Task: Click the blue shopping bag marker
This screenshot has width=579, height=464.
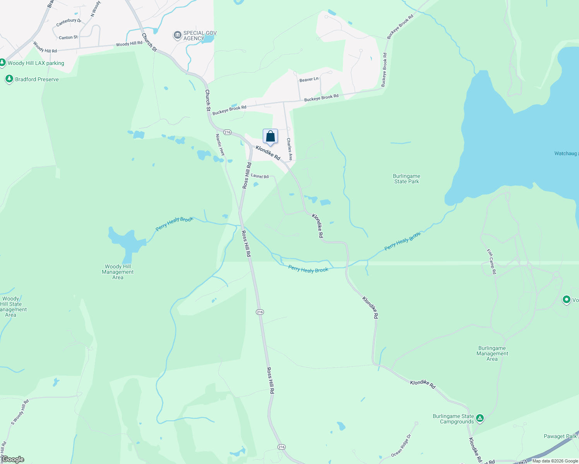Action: [270, 136]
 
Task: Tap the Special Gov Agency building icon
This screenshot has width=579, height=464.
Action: [177, 36]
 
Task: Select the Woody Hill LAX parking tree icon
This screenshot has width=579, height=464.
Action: [3, 63]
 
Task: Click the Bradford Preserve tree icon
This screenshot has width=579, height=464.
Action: [9, 79]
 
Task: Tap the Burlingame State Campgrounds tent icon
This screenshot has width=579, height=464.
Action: [480, 418]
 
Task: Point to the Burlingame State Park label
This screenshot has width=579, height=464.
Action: [406, 179]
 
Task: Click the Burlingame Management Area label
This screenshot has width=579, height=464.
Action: [492, 353]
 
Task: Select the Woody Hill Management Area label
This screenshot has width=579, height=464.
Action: [118, 272]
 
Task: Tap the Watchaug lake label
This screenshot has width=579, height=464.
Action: [566, 154]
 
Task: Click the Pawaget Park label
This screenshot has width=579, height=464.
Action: [560, 436]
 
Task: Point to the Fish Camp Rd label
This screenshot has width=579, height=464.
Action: [492, 262]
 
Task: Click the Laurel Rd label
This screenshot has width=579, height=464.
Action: [260, 176]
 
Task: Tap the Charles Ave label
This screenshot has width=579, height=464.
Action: [289, 149]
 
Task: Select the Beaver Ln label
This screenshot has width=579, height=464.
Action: [309, 79]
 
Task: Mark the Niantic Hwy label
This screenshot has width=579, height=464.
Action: [220, 145]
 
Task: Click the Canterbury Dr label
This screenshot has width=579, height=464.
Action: [69, 22]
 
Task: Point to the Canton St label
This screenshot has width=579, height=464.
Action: [68, 38]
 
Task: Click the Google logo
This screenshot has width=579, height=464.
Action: [13, 459]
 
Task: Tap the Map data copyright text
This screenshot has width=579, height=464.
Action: [555, 461]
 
